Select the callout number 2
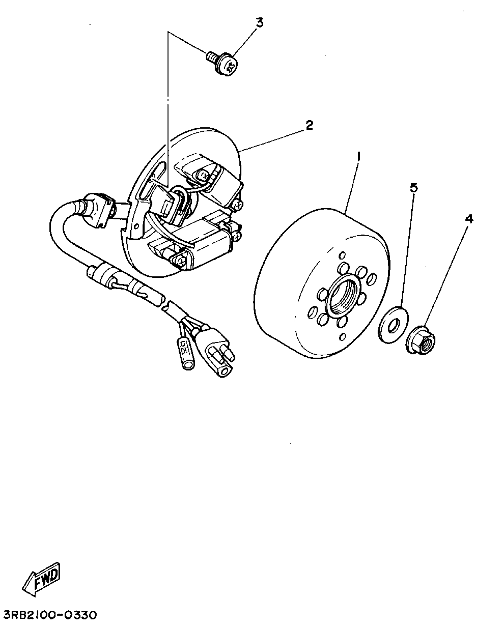[309, 125]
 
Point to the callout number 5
[413, 188]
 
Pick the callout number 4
[469, 220]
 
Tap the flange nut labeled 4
[421, 343]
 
